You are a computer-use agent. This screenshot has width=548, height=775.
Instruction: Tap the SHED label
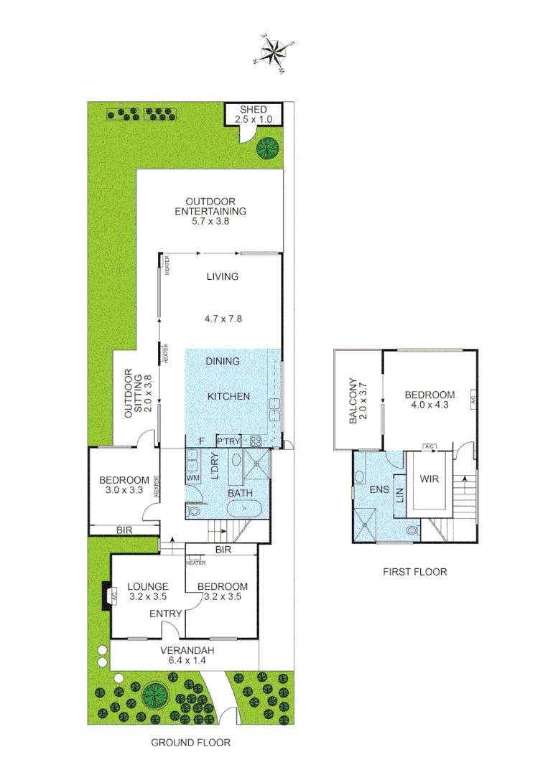pos(253,109)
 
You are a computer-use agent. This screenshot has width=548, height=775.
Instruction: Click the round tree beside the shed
pos(268,148)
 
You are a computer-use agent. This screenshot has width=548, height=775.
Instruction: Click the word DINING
pos(222,361)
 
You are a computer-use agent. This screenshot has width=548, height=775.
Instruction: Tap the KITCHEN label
pos(228,396)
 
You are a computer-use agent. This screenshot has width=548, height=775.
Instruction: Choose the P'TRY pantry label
pos(228,440)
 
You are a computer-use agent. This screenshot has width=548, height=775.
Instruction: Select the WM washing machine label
pos(192,478)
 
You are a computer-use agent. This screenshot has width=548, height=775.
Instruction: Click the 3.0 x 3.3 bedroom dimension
pos(124,492)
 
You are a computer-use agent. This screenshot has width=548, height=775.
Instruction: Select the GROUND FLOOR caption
pos(190,743)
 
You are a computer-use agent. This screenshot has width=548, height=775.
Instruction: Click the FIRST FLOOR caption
pos(414,572)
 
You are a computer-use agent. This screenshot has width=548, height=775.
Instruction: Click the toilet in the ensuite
pos(412,531)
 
